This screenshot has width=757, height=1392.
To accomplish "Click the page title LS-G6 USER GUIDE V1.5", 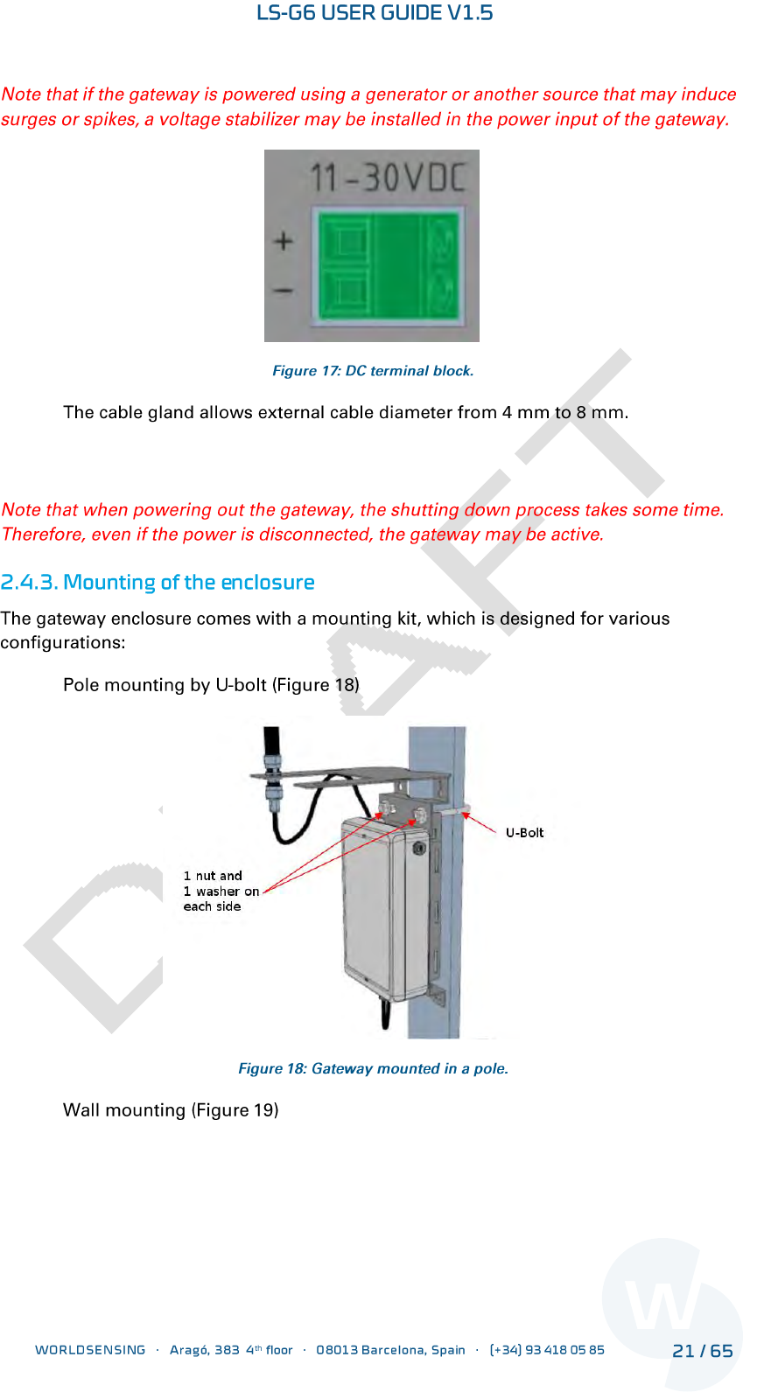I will point(375,13).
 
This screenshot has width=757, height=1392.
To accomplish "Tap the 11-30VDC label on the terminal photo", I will point(388,178).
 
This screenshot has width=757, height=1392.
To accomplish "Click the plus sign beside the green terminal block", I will point(284,241).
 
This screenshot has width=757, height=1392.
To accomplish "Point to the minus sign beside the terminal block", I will point(284,290).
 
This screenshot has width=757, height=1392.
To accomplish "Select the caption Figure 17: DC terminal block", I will point(373,371).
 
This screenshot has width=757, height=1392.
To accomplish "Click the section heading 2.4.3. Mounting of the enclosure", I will point(158,583).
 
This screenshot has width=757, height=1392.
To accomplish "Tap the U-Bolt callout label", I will point(524,833).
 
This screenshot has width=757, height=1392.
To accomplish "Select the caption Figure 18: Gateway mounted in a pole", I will point(373,1068).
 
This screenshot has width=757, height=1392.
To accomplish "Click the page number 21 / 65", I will point(702,1351).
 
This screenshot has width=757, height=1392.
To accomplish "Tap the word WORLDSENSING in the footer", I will point(90,1350).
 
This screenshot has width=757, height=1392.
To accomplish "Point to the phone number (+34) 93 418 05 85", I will point(547,1350).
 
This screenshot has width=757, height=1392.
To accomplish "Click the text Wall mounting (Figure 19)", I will point(171,1110).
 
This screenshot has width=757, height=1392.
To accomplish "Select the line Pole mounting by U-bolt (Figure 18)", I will point(211,685).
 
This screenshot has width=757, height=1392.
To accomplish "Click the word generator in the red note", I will point(406,94).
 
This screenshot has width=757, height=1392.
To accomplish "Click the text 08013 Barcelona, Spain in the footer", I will point(390,1350).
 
